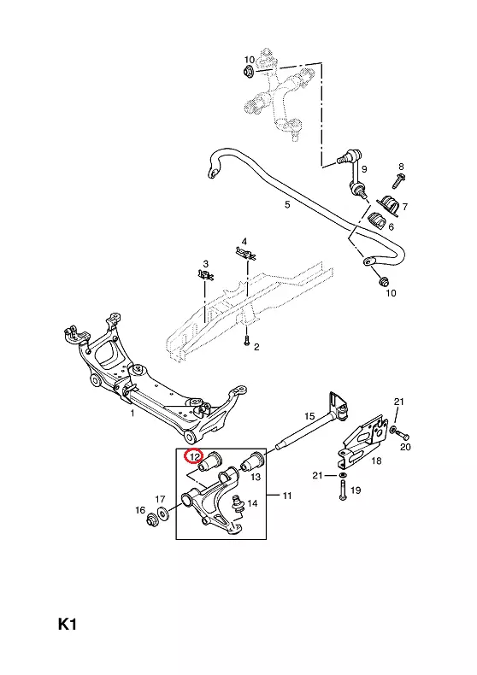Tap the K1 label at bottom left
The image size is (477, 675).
click(68, 625)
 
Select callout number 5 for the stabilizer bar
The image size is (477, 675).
click(287, 205)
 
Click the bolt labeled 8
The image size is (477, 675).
click(397, 181)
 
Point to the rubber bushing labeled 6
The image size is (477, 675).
click(376, 221)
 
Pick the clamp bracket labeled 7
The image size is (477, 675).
click(389, 204)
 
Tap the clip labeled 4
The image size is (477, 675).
click(245, 253)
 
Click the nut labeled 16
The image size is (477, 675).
click(152, 518)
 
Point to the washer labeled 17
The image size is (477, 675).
click(163, 514)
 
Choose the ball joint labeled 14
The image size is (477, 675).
click(238, 503)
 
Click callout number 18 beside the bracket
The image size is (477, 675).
click(376, 461)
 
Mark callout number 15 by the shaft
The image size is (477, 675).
click(309, 416)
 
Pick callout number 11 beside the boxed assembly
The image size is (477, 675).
click(287, 496)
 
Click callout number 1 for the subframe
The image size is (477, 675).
click(132, 414)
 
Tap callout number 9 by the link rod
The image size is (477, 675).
click(364, 169)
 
